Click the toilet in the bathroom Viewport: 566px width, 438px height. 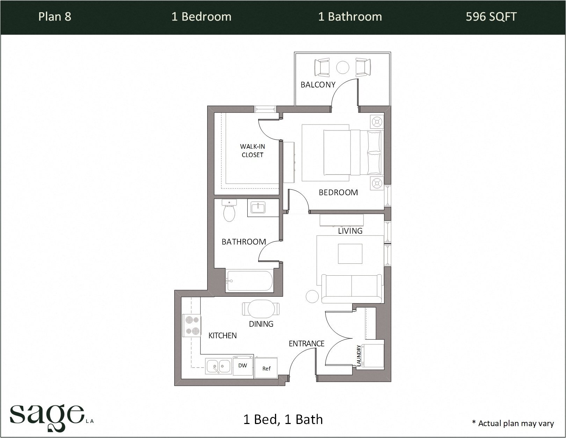(x=229, y=211)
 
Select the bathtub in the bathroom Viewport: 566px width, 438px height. (x=249, y=281)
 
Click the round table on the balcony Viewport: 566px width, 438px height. (x=342, y=67)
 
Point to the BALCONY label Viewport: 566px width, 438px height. (x=318, y=85)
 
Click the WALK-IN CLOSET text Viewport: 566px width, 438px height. (x=252, y=151)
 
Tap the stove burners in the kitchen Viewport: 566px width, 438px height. (x=192, y=325)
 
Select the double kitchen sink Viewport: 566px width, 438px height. (x=218, y=367)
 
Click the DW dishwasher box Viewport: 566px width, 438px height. (x=243, y=366)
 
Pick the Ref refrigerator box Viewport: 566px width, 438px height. (x=266, y=368)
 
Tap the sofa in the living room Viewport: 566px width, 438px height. (x=351, y=289)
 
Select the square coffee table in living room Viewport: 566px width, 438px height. (x=350, y=254)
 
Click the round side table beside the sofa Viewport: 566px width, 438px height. (x=312, y=296)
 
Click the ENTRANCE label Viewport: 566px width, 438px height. (x=306, y=344)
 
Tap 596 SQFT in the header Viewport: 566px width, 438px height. (x=491, y=17)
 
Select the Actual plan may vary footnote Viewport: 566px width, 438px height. (x=513, y=423)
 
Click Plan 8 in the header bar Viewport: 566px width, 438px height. (x=55, y=17)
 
